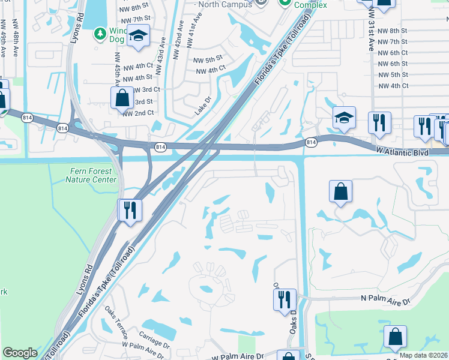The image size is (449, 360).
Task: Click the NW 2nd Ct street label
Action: [x=139, y=113]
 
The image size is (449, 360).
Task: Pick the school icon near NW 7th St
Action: [x=139, y=37]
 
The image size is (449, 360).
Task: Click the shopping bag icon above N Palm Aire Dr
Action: [x=340, y=192]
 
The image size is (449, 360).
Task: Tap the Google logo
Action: [x=20, y=353]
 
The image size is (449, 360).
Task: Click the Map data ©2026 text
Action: [x=423, y=355]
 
